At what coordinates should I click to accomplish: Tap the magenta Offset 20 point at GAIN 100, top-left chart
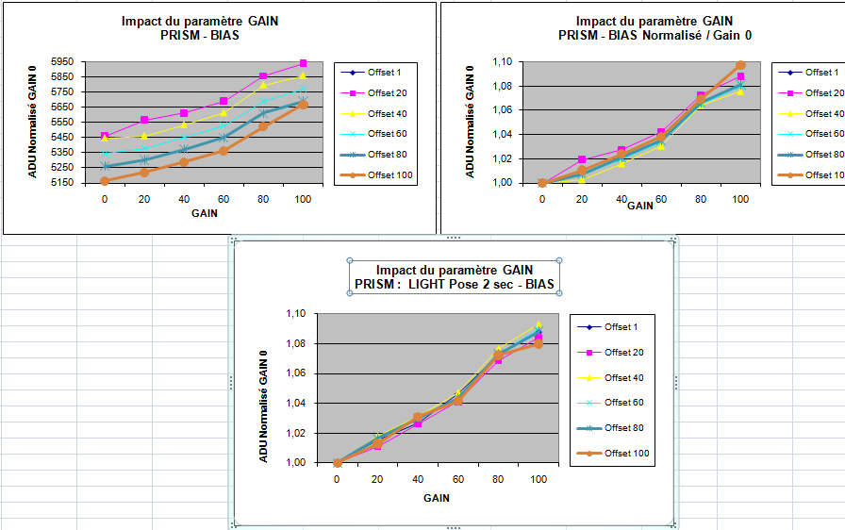(x=303, y=63)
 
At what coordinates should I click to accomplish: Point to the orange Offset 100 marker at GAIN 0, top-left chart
(x=104, y=180)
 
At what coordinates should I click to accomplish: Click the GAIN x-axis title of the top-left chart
(x=203, y=214)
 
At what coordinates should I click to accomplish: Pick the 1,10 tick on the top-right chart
(x=503, y=61)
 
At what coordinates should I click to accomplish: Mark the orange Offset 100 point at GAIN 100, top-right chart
(x=740, y=65)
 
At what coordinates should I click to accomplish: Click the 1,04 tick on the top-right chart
(x=503, y=134)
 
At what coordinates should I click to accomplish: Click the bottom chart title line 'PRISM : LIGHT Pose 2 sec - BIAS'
(x=455, y=284)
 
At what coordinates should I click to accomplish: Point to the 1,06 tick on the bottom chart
(x=297, y=373)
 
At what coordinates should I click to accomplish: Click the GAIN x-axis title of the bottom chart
(x=436, y=497)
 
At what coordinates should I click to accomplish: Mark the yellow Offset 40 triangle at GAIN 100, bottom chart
(x=538, y=325)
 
